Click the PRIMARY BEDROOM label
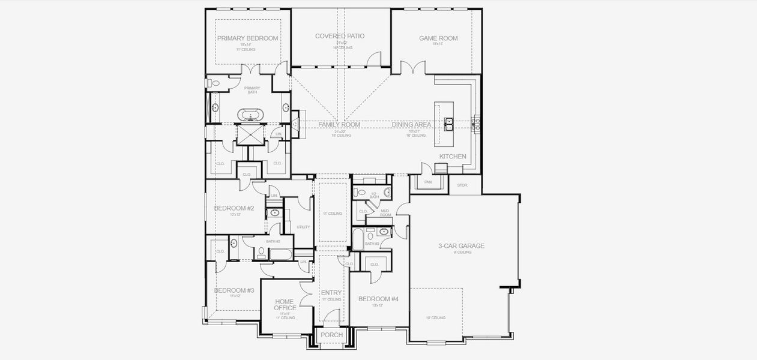[x=247, y=38]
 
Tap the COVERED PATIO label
[x=340, y=36]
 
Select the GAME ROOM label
[x=438, y=38]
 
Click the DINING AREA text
[x=412, y=125]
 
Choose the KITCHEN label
[x=453, y=157]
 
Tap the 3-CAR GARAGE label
[x=462, y=246]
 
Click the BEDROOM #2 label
[x=234, y=209]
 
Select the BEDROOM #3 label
[x=234, y=290]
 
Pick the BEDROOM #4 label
[x=378, y=299]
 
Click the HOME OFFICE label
[x=285, y=305]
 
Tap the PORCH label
[x=331, y=335]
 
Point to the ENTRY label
[x=331, y=293]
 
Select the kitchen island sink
[x=448, y=124]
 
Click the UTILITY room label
[x=303, y=227]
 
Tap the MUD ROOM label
[x=385, y=212]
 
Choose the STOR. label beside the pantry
[x=462, y=185]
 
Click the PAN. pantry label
[x=428, y=182]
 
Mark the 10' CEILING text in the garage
[x=436, y=317]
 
